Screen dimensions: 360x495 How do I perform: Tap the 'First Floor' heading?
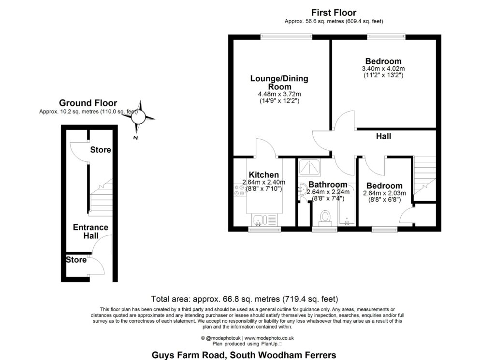tap(334, 13)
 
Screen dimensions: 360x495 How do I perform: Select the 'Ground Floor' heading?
tap(88, 103)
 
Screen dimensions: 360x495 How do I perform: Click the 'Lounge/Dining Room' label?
tap(279, 83)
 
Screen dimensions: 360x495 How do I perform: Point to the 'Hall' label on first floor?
tap(383, 137)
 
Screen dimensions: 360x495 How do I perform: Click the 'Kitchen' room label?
tap(263, 175)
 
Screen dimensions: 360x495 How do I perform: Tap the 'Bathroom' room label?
tap(328, 185)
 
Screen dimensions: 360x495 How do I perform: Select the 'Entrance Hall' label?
tap(90, 231)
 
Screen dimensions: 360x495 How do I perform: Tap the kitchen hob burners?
tap(240, 190)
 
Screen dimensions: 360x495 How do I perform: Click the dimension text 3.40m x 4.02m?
tap(383, 69)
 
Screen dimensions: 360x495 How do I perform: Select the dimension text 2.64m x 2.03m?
tap(384, 193)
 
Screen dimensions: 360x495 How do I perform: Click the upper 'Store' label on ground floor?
tap(101, 150)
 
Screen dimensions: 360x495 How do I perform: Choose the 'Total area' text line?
tap(244, 299)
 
